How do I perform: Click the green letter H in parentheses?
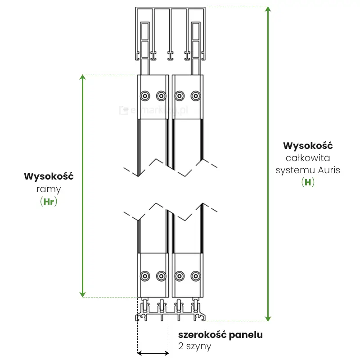308,183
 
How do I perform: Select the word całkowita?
308,158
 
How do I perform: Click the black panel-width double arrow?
153,353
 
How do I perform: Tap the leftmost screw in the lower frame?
144,276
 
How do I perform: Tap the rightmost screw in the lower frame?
195,276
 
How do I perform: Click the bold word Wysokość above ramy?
48,176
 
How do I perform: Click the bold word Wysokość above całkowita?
308,146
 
